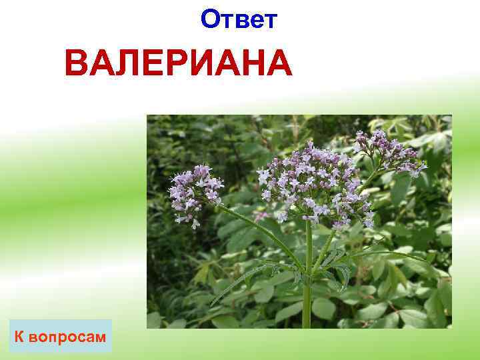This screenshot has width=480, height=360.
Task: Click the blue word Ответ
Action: click(x=239, y=20)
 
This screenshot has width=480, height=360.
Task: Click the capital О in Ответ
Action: click(x=210, y=20)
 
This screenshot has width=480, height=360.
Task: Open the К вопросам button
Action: click(x=61, y=337)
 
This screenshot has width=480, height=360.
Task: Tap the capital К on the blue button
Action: click(x=21, y=337)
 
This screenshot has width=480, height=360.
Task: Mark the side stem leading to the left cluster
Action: click(x=260, y=230)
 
